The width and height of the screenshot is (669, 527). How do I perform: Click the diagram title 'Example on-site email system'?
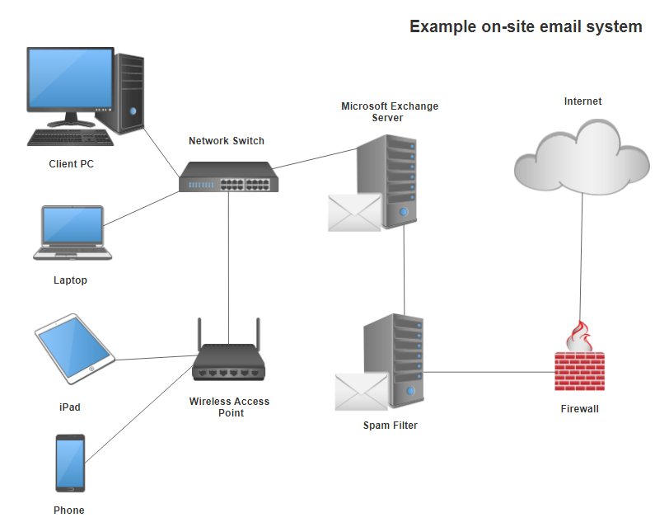click(x=526, y=27)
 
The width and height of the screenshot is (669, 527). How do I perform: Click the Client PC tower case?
click(x=130, y=92)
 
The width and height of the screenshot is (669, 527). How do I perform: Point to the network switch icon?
click(x=227, y=176)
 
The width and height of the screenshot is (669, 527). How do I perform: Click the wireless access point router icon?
click(x=228, y=360)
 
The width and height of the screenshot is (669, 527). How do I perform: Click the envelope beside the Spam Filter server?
click(x=361, y=391)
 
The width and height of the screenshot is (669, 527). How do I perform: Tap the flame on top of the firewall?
click(x=581, y=337)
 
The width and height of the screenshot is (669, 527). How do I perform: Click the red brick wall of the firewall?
click(x=580, y=372)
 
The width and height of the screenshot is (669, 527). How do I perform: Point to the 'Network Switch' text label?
click(x=227, y=141)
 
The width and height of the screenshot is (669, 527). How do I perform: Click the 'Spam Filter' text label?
click(x=390, y=426)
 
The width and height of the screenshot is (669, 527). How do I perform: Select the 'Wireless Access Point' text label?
click(x=229, y=407)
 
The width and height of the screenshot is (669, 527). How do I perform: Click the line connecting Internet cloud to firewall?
click(x=582, y=256)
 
